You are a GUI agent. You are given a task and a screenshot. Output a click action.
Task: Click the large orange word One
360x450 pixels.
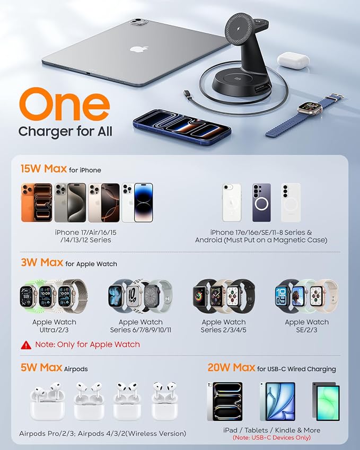tap(65, 104)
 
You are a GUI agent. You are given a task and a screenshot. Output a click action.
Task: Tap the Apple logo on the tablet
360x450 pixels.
tap(139, 49)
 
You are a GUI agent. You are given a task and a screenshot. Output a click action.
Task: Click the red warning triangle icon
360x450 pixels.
tap(26, 345)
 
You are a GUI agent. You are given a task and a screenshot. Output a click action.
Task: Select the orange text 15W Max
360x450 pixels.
tap(43, 169)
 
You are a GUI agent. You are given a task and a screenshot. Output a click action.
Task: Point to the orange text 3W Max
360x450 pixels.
tap(42, 262)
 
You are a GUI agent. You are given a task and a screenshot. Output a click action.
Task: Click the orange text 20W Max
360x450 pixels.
tap(231, 367)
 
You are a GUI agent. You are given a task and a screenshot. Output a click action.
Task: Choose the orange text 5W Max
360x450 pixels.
tap(41, 367)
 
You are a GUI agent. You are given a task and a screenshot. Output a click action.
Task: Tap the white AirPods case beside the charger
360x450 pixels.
tap(293, 60)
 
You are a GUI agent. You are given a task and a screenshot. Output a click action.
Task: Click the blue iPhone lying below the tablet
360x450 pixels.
tap(182, 126)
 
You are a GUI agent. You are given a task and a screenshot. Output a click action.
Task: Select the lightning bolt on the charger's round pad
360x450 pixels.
tap(239, 29)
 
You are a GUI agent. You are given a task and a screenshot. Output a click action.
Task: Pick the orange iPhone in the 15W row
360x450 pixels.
tap(37, 202)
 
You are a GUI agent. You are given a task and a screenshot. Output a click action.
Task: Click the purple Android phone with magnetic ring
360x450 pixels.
tap(261, 202)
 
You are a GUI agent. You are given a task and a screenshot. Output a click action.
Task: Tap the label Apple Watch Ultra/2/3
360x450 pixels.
tap(54, 326)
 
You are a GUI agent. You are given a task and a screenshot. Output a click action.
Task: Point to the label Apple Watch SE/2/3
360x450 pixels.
tap(306, 326)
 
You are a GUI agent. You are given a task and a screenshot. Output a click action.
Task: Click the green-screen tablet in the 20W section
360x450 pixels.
tap(326, 401)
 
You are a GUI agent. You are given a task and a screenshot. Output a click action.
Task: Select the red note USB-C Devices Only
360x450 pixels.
tap(271, 438)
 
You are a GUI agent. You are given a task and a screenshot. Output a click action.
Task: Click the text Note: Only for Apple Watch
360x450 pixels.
tap(87, 345)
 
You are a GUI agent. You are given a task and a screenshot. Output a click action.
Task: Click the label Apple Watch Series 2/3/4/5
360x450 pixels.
tap(223, 326)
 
